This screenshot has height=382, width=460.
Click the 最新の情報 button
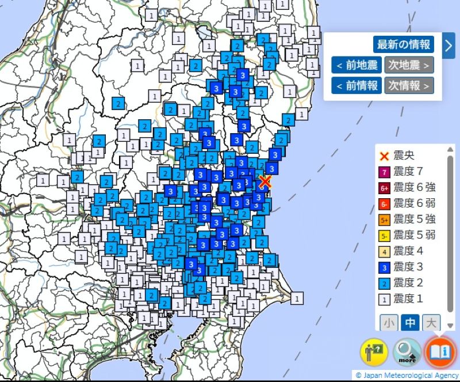(404, 44)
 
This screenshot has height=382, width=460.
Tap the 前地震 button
(356, 65)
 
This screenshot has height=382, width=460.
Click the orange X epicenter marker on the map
(264, 182)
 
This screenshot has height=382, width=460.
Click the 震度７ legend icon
(385, 172)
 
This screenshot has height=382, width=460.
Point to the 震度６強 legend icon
(385, 187)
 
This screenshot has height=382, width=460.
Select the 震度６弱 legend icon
(385, 203)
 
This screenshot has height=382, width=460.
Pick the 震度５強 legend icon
(385, 220)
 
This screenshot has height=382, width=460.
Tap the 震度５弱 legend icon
(385, 235)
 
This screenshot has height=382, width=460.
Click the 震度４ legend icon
(385, 251)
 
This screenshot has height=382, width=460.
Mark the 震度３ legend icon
(385, 267)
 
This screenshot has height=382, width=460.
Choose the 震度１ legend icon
(385, 299)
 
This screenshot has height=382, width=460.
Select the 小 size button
(389, 323)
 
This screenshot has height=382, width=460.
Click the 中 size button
(410, 323)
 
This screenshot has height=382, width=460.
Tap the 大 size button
(431, 323)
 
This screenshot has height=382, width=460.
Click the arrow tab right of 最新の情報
(449, 46)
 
